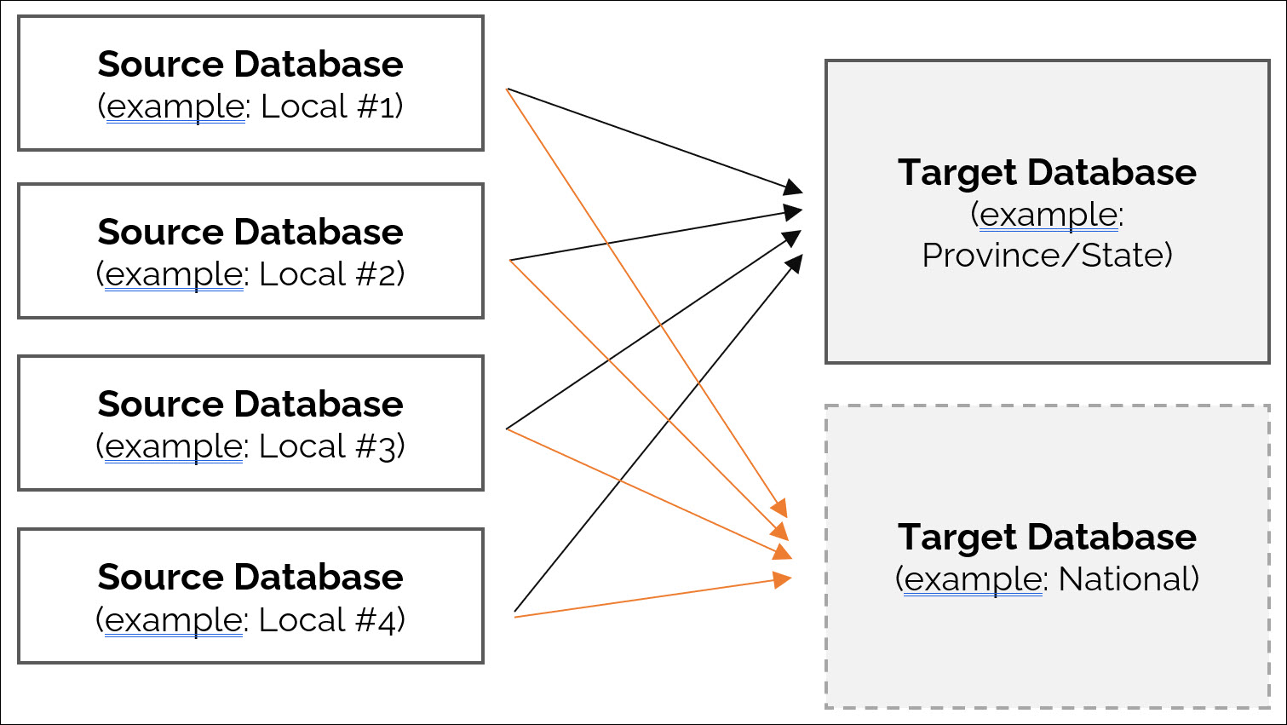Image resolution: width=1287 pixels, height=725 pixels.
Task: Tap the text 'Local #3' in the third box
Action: click(x=330, y=447)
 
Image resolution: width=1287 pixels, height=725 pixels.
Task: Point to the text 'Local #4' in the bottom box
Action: click(x=330, y=620)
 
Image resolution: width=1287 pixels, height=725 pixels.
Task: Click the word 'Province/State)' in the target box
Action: click(x=1047, y=256)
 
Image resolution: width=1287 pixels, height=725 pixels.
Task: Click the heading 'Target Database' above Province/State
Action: click(x=1047, y=173)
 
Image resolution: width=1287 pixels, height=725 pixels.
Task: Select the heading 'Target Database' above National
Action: click(x=1047, y=538)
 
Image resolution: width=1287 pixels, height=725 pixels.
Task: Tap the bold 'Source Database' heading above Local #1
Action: click(x=250, y=65)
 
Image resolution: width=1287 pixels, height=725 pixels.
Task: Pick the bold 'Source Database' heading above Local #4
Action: click(x=250, y=578)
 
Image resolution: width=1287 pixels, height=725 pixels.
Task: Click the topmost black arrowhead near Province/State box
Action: click(x=794, y=187)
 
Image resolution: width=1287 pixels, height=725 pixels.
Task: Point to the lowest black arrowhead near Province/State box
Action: click(x=794, y=262)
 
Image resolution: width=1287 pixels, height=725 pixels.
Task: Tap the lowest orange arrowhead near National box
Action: click(x=782, y=580)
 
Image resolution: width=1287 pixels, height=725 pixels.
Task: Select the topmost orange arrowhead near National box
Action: click(x=779, y=509)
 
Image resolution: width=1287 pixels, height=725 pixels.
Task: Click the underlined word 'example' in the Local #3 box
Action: click(x=175, y=447)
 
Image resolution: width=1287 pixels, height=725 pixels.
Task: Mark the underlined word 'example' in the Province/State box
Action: click(x=1048, y=216)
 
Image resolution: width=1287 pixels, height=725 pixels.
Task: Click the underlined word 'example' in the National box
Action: click(x=973, y=580)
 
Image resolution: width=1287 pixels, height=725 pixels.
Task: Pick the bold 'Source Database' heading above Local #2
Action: click(x=250, y=233)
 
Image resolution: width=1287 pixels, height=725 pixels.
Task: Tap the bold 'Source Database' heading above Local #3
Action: click(x=250, y=405)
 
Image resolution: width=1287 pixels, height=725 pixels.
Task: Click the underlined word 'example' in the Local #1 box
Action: click(x=175, y=107)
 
